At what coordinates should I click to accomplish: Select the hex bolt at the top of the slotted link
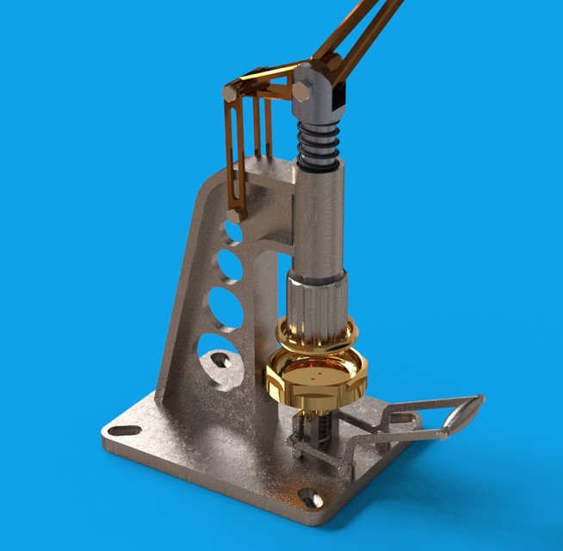(230, 90)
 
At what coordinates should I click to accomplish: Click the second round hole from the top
(229, 261)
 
